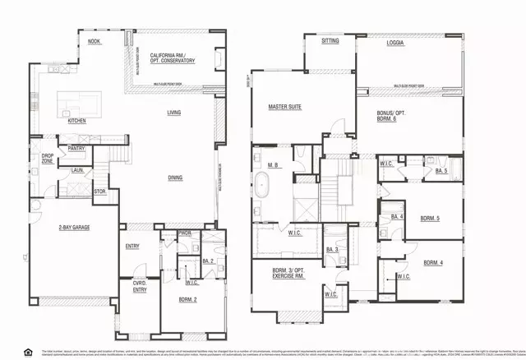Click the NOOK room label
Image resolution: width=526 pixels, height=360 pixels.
click(x=95, y=40)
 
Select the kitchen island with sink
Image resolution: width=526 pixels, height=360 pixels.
click(x=78, y=104)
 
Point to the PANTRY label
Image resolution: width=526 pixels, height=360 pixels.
click(x=77, y=149)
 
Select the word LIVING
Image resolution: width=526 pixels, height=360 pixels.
click(x=174, y=113)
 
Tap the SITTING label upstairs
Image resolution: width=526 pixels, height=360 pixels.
click(x=330, y=39)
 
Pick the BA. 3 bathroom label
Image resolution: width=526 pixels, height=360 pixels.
click(x=331, y=249)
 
